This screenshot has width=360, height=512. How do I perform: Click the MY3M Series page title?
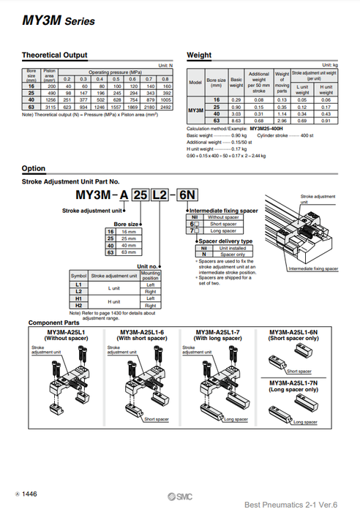[59, 21]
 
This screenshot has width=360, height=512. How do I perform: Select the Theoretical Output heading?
[54, 55]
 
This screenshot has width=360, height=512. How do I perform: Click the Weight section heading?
[199, 55]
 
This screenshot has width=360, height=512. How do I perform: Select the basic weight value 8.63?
[236, 120]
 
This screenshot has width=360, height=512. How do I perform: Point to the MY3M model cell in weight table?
[196, 110]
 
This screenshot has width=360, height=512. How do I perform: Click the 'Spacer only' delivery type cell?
[220, 254]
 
